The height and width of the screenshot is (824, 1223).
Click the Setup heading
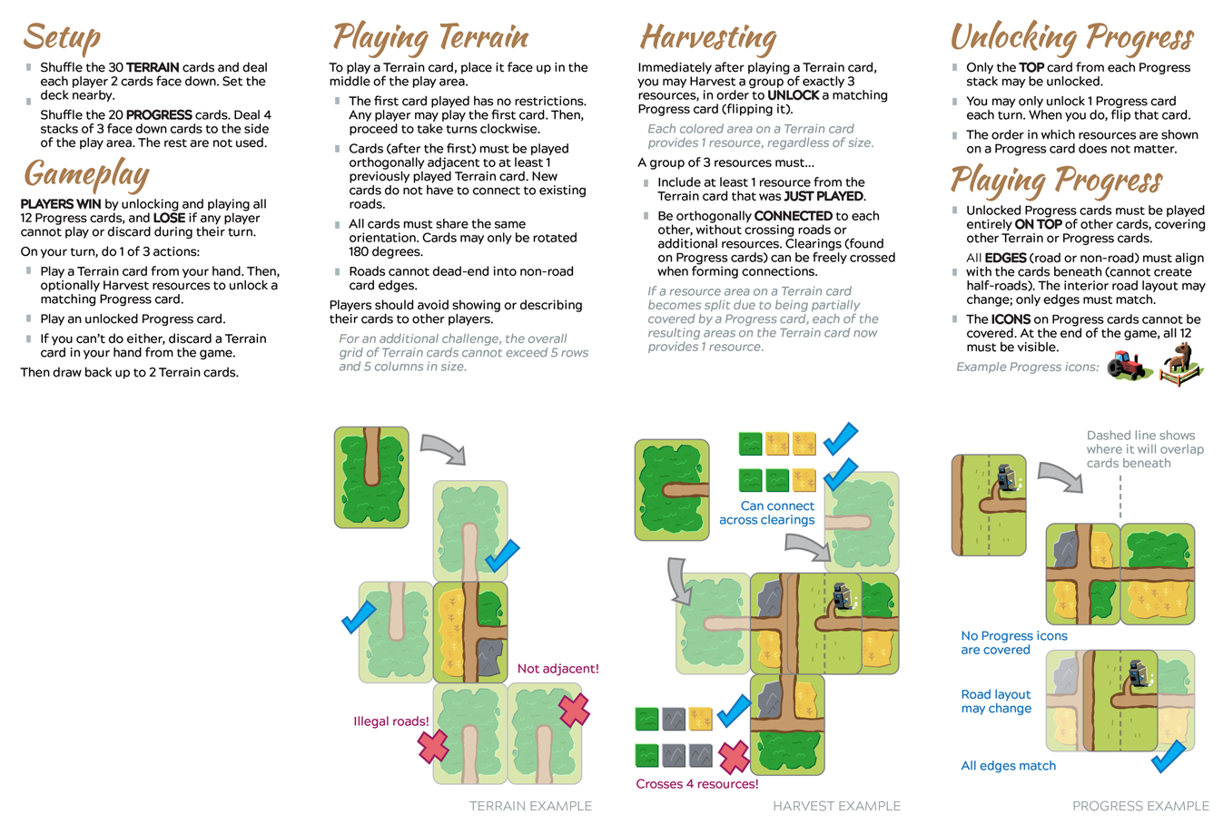pyautogui.click(x=62, y=37)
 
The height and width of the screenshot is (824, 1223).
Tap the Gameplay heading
pyautogui.click(x=86, y=173)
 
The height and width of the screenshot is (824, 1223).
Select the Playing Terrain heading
pyautogui.click(x=430, y=37)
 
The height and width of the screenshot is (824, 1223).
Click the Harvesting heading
pyautogui.click(x=708, y=37)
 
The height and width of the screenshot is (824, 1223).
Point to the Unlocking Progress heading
pyautogui.click(x=1071, y=37)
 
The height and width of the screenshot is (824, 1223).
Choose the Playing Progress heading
pyautogui.click(x=1056, y=180)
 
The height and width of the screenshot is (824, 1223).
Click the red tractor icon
pyautogui.click(x=1129, y=366)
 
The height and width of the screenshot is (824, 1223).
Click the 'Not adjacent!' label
pyautogui.click(x=557, y=669)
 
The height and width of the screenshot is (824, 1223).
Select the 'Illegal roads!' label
pyautogui.click(x=391, y=721)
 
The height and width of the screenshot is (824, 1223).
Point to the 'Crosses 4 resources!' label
pyautogui.click(x=696, y=784)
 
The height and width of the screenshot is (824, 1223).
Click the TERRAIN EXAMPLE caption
pyautogui.click(x=530, y=806)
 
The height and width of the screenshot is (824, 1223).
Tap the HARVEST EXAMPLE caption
pyautogui.click(x=836, y=806)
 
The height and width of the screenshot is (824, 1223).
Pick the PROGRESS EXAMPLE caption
pyautogui.click(x=1140, y=806)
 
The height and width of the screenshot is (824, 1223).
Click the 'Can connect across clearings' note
pyautogui.click(x=768, y=513)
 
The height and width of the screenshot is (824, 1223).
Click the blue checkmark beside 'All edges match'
pyautogui.click(x=1168, y=756)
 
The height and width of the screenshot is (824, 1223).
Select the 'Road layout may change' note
pyautogui.click(x=996, y=701)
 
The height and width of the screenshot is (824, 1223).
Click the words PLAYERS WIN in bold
pyautogui.click(x=61, y=204)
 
